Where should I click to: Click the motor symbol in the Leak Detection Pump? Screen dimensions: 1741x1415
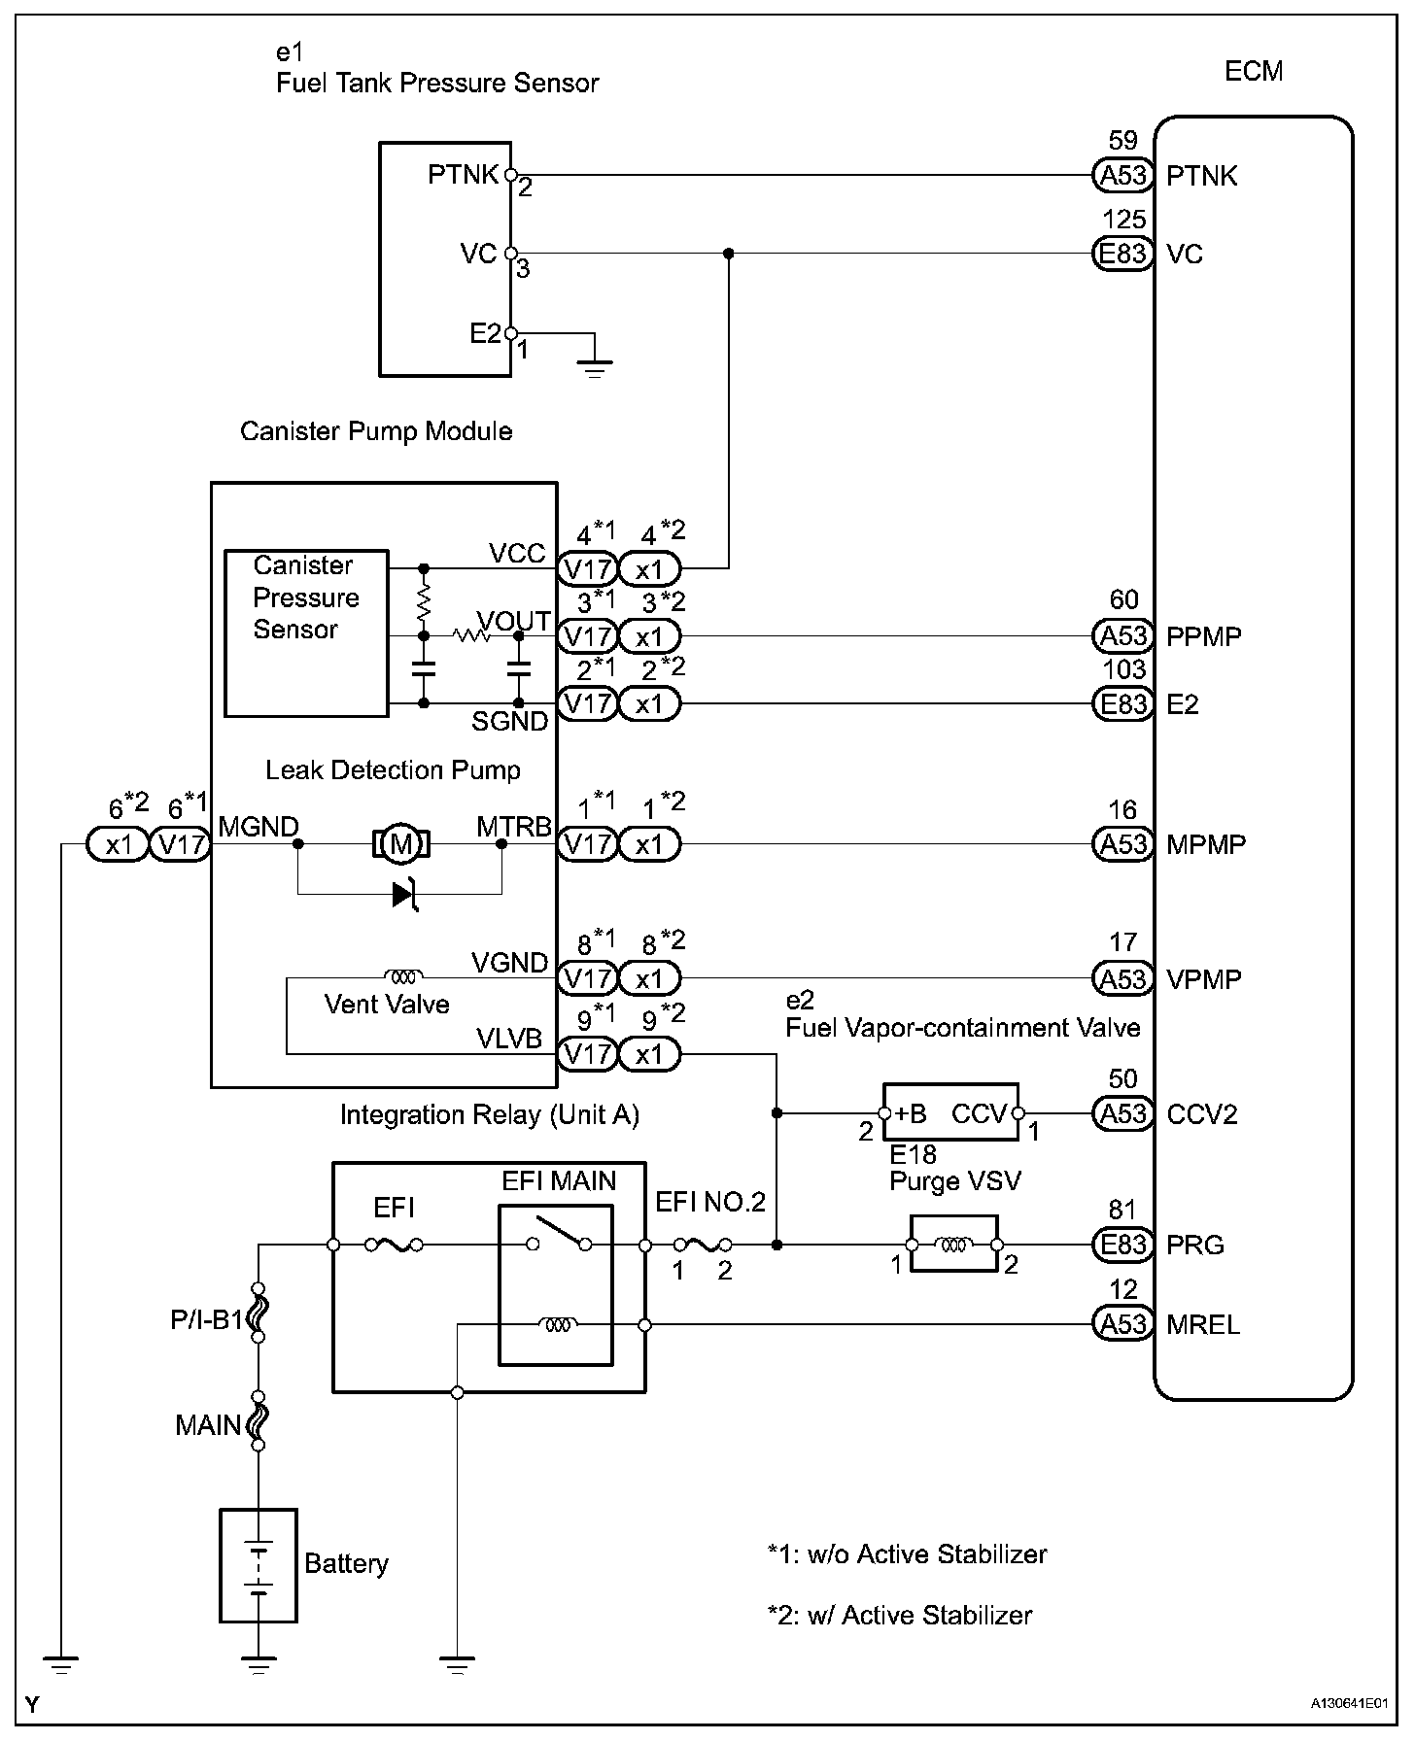pos(401,843)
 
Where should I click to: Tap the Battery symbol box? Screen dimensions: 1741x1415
pos(258,1564)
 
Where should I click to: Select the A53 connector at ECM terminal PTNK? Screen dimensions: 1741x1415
pos(1123,176)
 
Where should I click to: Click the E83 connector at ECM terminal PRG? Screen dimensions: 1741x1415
pos(1123,1245)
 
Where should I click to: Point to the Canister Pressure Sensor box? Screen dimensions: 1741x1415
pos(306,633)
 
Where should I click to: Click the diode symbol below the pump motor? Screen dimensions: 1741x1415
pos(405,894)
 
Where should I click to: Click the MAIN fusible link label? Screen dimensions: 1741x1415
pos(207,1425)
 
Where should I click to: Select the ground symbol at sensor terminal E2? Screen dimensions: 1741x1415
pos(594,367)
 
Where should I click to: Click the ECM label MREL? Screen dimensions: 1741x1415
pos(1203,1324)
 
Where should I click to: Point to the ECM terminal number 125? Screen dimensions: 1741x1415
pos(1123,221)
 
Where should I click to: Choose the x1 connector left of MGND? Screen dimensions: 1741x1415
pos(118,845)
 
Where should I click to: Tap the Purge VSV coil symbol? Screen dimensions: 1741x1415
pos(954,1245)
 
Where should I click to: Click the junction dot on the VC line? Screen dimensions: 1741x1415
pos(728,254)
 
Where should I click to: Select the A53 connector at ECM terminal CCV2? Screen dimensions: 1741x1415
pos(1123,1113)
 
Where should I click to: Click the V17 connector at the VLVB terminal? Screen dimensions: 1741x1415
pos(587,1054)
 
